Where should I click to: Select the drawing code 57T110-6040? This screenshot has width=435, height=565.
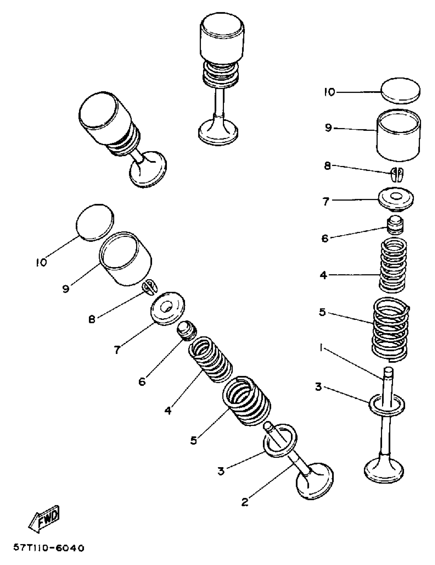coord(49,548)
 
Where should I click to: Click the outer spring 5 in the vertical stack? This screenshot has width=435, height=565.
coord(390,329)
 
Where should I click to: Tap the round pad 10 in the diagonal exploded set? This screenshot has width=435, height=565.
coord(95,223)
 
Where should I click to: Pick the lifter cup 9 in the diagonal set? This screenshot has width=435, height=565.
coord(126,259)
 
